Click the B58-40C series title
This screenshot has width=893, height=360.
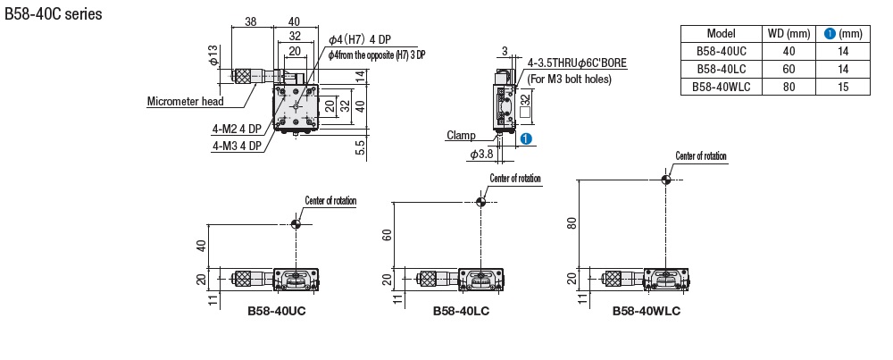click(54, 13)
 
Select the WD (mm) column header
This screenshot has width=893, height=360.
click(789, 34)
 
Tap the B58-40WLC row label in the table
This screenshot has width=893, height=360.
click(721, 87)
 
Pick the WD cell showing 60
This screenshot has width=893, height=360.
click(789, 69)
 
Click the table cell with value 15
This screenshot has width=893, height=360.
click(843, 87)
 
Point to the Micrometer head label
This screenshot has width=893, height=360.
click(185, 102)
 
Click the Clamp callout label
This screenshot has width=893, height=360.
click(461, 136)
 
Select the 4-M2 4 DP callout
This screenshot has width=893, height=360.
click(237, 130)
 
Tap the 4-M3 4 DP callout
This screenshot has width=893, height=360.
click(237, 147)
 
